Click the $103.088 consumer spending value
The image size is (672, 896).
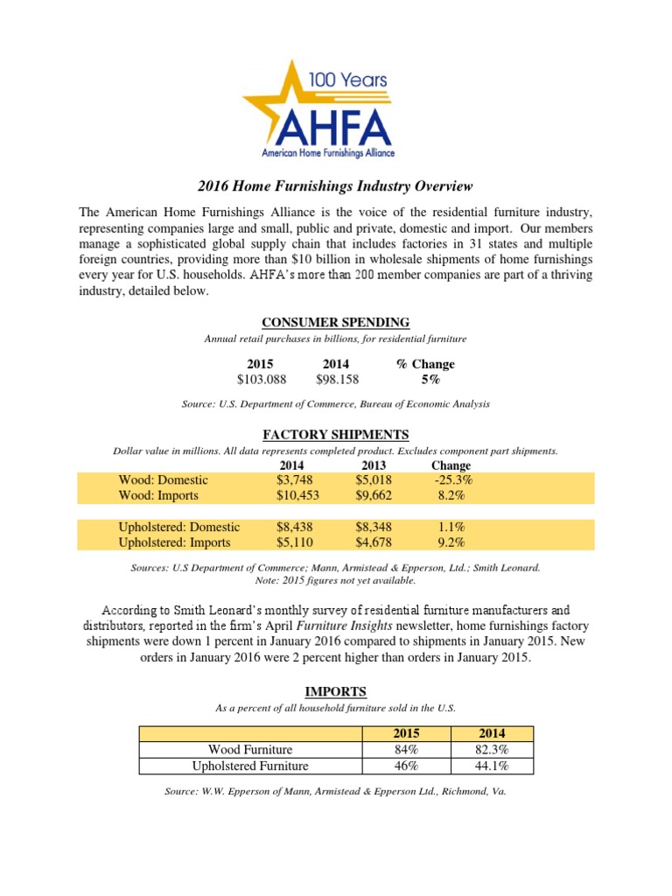point(260,380)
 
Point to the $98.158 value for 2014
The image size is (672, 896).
point(337,380)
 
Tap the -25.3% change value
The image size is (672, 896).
point(451,480)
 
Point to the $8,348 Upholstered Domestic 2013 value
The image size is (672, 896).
point(374,528)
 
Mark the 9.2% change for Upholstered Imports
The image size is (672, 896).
point(451,542)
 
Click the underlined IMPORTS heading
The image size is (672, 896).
point(336,691)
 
